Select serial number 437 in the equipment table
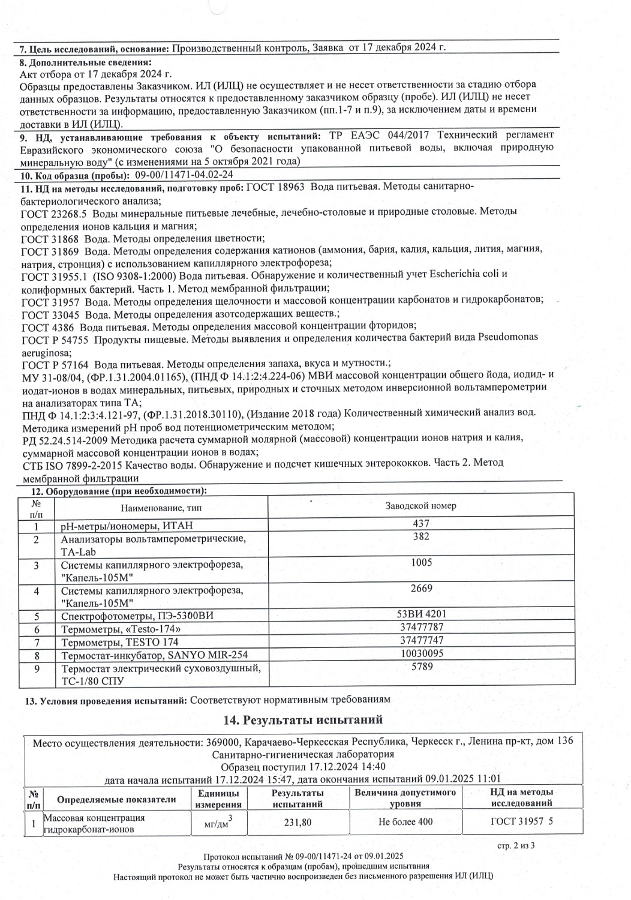pyautogui.click(x=421, y=523)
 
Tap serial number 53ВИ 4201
pyautogui.click(x=421, y=614)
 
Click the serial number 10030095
pyautogui.click(x=421, y=653)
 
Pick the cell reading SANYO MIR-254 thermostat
pyautogui.click(x=154, y=655)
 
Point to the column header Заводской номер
pyautogui.click(x=421, y=506)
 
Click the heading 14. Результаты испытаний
pyautogui.click(x=303, y=719)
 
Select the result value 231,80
pyautogui.click(x=298, y=822)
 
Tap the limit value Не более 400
pyautogui.click(x=405, y=822)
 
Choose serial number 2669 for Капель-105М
pyautogui.click(x=421, y=589)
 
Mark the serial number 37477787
pyautogui.click(x=421, y=628)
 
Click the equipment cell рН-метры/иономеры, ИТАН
pyautogui.click(x=127, y=526)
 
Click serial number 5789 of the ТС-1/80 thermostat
pyautogui.click(x=421, y=667)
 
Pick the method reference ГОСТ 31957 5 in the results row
pyautogui.click(x=521, y=822)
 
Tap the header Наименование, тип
pyautogui.click(x=161, y=508)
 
